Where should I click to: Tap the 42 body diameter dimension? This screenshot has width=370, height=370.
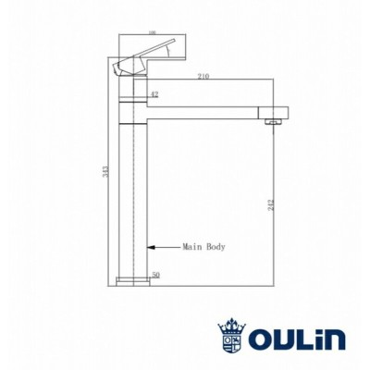tap(154, 93)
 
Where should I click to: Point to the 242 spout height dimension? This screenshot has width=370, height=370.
tap(271, 205)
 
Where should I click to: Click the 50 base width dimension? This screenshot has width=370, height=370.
tap(154, 275)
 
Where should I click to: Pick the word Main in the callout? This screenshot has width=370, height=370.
tap(191, 247)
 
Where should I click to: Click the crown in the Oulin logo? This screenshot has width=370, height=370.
tap(232, 325)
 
